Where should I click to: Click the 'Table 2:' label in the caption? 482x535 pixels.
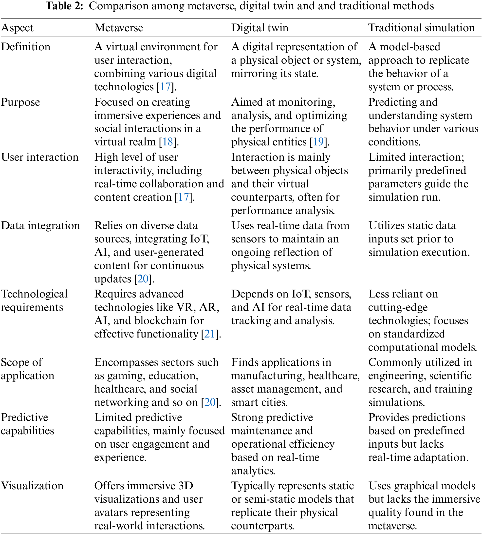[65, 6]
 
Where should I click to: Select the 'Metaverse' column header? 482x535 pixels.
[119, 28]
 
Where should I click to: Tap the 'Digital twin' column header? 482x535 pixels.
[260, 28]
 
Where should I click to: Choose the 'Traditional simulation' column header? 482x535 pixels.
[421, 28]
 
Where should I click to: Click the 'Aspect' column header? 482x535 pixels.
[17, 28]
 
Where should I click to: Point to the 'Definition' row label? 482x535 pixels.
[26, 47]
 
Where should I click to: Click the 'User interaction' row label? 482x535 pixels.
[40, 157]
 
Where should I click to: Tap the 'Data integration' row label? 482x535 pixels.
[40, 226]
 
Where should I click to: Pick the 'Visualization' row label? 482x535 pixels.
[32, 486]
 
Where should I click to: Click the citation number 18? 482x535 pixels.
[168, 142]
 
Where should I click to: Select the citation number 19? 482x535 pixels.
[318, 142]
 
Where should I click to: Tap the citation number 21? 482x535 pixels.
[210, 334]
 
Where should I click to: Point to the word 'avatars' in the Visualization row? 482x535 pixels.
[111, 512]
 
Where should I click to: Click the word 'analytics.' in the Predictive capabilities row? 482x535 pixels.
[253, 471]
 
